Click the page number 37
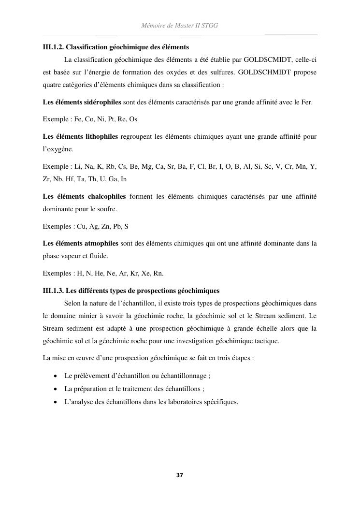tap(180, 475)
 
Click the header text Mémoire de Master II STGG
tap(180, 25)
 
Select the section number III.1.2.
tap(53, 47)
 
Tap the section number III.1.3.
tap(53, 291)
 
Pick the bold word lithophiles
tap(99, 137)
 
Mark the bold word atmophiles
tap(100, 244)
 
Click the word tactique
tap(268, 341)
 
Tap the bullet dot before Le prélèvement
tap(56, 376)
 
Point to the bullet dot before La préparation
tap(56, 389)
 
